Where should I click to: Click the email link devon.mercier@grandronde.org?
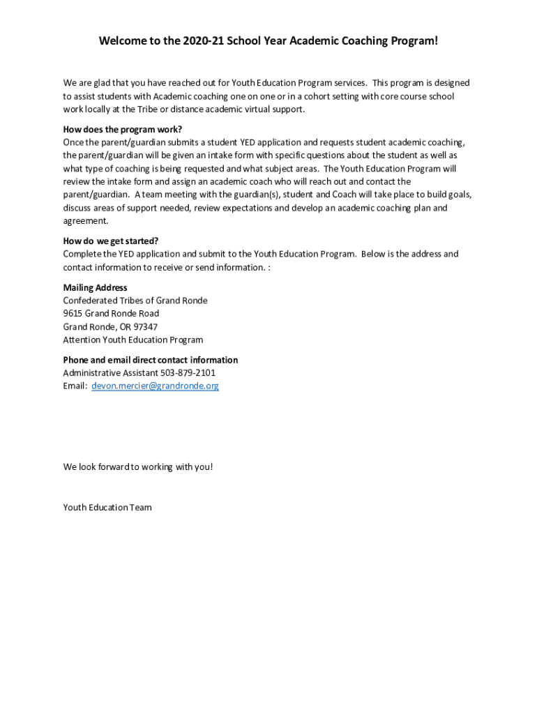coord(155,386)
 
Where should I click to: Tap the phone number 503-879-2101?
coord(188,373)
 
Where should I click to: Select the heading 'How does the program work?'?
coord(122,129)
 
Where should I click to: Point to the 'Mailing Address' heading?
coord(95,287)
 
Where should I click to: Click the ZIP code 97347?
coord(144,327)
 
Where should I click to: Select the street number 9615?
coord(73,314)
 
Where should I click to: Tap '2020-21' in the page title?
coord(203,41)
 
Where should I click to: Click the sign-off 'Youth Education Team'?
coord(107,508)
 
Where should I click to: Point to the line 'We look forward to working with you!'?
coord(137,466)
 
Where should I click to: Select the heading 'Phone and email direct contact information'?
coord(150,360)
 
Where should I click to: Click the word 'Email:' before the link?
coord(75,386)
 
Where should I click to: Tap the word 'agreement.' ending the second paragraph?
coord(86,221)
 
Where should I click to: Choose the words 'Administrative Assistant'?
coord(110,373)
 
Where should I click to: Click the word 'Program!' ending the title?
coord(413,41)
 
